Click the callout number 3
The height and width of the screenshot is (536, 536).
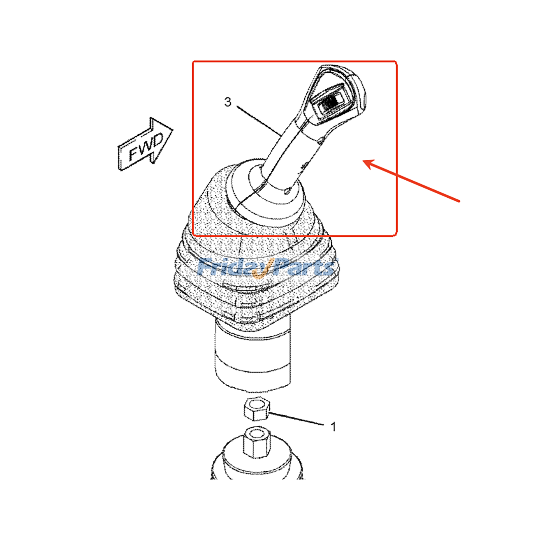[227, 102]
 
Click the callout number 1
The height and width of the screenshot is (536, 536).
[333, 426]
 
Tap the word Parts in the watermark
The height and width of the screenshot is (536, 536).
[303, 267]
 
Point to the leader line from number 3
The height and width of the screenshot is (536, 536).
[260, 120]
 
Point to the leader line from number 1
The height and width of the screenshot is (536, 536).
[296, 419]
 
